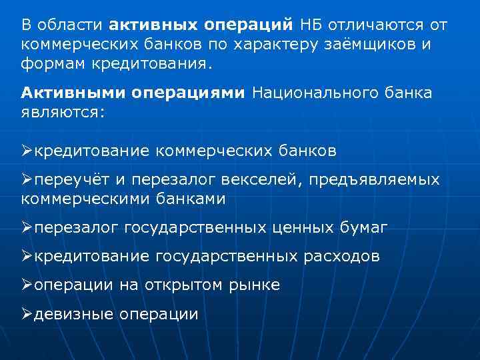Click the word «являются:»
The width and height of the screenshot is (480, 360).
click(x=63, y=113)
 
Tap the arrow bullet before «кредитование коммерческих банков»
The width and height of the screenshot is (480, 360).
click(x=27, y=151)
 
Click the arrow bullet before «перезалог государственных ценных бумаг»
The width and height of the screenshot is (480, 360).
click(x=27, y=227)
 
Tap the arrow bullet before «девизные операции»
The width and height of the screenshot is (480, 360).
click(x=27, y=313)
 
